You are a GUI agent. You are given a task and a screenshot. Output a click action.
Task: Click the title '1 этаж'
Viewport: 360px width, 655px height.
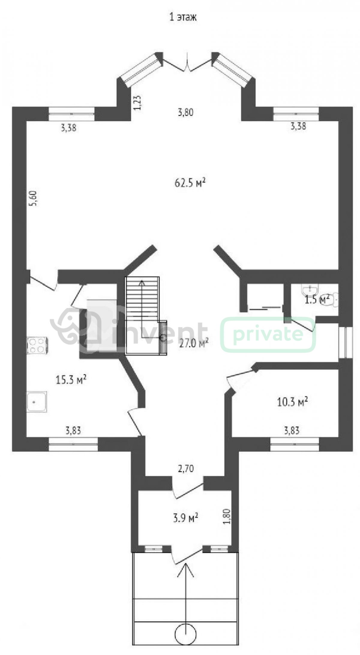pos(183,17)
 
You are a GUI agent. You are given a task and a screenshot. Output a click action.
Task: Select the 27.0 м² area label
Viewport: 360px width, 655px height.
pos(194,343)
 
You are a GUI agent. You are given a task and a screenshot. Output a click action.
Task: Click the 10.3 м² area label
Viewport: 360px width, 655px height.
pos(292,402)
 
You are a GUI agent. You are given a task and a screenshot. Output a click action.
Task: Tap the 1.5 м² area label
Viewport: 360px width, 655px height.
pos(317,299)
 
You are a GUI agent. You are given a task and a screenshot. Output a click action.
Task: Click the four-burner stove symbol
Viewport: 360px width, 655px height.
pos(38,345)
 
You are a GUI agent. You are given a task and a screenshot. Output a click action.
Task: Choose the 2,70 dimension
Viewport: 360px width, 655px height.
pos(186,468)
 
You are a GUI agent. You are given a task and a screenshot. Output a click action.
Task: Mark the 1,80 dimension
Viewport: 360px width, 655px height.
pos(227,516)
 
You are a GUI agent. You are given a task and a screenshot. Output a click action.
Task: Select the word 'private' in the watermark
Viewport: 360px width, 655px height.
pos(268,334)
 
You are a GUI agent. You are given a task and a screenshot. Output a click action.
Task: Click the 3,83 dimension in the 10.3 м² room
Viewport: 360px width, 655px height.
pos(292,431)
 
